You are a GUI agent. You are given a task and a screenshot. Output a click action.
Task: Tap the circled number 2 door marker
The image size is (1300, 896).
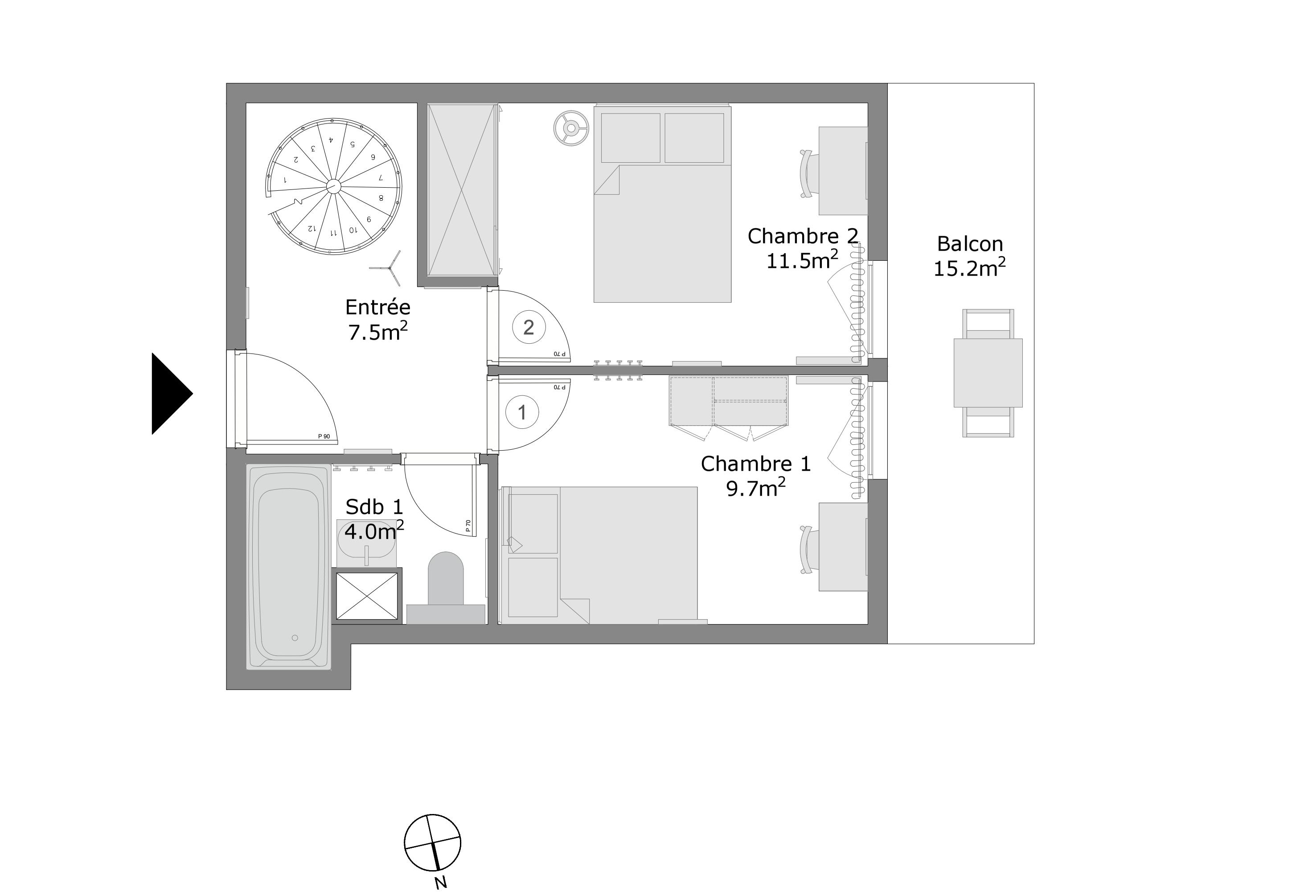[x=529, y=327]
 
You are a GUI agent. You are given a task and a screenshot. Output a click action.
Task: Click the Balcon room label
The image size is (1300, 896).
[x=969, y=244]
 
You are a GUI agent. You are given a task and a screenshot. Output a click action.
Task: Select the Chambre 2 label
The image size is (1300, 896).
[x=803, y=236]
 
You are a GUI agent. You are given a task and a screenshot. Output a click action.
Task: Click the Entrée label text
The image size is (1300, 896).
[x=378, y=308]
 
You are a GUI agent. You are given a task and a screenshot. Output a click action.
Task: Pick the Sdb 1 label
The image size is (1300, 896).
[x=374, y=507]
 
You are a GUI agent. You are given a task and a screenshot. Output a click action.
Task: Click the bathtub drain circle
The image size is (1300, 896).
[x=295, y=638]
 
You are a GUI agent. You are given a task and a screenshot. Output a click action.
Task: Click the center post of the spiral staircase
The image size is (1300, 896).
[x=333, y=186]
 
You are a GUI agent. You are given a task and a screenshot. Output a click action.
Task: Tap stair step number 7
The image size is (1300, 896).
[x=380, y=177]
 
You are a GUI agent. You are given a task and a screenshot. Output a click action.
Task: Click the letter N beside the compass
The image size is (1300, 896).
[x=441, y=883]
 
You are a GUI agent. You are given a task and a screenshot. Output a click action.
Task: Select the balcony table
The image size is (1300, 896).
[x=988, y=373]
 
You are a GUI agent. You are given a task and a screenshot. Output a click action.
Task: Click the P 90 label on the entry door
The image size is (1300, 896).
[x=324, y=436]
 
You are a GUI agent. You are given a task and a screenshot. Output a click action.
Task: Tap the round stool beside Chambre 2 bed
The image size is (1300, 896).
[x=571, y=128]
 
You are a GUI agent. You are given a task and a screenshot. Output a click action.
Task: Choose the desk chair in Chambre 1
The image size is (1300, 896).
[x=808, y=550]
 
